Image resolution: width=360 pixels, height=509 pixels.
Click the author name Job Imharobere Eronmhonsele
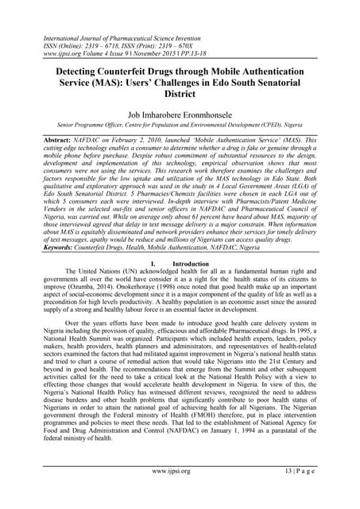click(x=180, y=116)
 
